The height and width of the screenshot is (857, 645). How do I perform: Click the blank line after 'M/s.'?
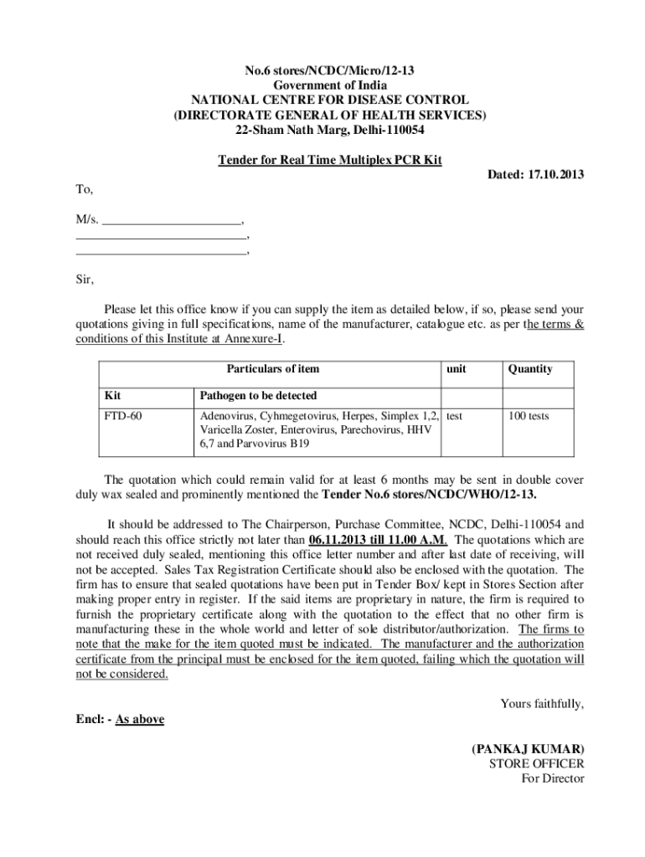pyautogui.click(x=172, y=221)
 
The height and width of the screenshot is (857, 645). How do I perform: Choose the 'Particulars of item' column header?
pyautogui.click(x=272, y=368)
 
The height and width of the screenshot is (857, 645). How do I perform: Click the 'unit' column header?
pyautogui.click(x=456, y=368)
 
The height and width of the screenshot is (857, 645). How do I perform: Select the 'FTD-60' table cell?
pyautogui.click(x=121, y=416)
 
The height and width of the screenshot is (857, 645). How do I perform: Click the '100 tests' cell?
pyautogui.click(x=527, y=416)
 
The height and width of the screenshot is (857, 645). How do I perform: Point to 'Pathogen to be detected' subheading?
pyautogui.click(x=258, y=395)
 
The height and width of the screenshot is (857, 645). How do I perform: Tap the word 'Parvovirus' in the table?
pyautogui.click(x=258, y=444)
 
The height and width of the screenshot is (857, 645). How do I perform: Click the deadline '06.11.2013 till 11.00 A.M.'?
pyautogui.click(x=378, y=539)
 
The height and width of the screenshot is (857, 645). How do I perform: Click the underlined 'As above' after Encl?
pyautogui.click(x=139, y=718)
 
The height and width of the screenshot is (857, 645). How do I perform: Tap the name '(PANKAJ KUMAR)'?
pyautogui.click(x=528, y=748)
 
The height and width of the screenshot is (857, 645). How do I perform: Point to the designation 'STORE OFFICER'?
pyautogui.click(x=536, y=763)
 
